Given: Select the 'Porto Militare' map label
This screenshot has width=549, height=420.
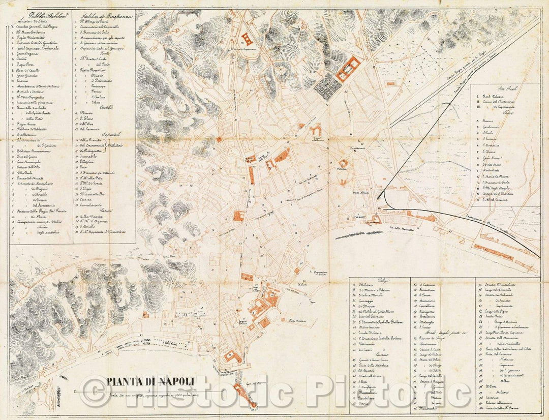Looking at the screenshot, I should pos(299,320).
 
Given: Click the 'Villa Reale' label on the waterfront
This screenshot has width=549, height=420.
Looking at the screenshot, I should pos(173,342).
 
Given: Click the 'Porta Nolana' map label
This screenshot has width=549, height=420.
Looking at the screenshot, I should pos(361,193).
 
